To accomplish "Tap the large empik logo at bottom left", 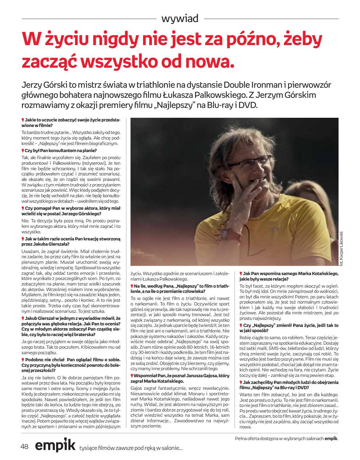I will coord(55,446).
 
